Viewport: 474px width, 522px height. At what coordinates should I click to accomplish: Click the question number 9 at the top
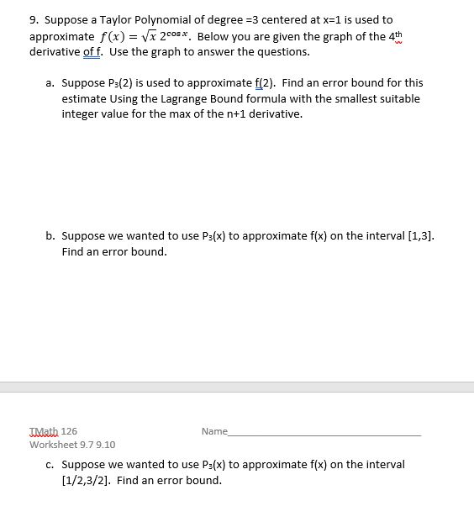(33, 19)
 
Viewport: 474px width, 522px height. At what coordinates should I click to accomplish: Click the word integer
(82, 113)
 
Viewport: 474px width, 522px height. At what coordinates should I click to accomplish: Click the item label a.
(50, 83)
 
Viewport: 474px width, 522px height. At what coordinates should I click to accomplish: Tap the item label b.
(50, 236)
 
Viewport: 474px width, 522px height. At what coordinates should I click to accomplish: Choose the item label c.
(50, 464)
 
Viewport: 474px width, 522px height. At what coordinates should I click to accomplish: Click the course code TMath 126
(53, 431)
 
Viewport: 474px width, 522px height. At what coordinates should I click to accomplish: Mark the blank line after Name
(324, 434)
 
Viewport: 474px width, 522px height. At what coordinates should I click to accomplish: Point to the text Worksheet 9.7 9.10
(72, 445)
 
